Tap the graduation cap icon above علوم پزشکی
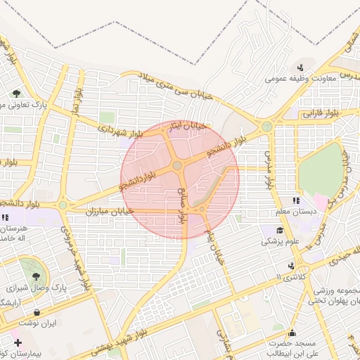279,230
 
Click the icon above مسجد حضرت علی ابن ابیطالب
292,333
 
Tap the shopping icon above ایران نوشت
36,313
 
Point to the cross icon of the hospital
18,343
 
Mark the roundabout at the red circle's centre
177,166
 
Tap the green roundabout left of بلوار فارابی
266,127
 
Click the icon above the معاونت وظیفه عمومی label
300,67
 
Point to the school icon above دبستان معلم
295,201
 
